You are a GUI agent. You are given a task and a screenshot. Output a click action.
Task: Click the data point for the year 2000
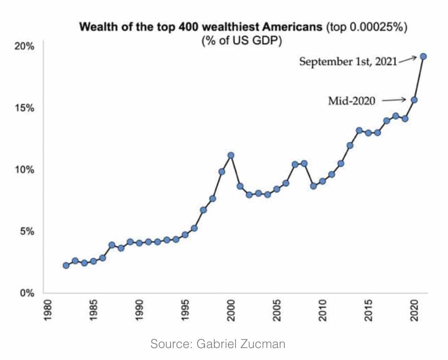point(231,155)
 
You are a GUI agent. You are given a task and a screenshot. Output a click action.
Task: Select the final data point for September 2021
point(423,56)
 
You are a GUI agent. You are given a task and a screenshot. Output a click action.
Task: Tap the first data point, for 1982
point(66,265)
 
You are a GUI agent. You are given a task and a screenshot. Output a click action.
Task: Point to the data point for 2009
point(313,186)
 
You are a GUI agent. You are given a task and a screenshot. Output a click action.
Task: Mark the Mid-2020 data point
point(414,100)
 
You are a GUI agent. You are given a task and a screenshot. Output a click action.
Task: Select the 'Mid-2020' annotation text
point(352,101)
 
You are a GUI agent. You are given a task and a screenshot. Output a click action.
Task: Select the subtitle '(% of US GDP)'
point(242,41)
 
